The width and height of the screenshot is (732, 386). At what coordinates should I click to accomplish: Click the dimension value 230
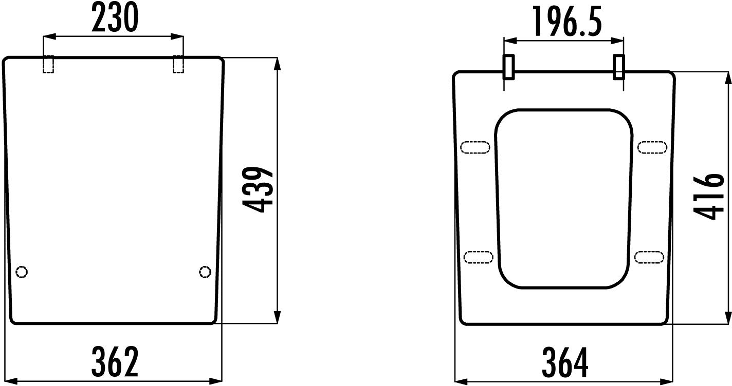(x=115, y=19)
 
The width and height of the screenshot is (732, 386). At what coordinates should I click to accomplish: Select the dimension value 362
(x=115, y=362)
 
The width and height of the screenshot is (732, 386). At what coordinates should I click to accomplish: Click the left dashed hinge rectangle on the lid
(x=48, y=64)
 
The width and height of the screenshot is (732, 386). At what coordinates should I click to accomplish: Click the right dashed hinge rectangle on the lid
(x=178, y=64)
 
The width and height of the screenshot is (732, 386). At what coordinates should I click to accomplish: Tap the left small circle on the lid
(x=22, y=272)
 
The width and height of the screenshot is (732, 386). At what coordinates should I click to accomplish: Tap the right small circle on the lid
(x=205, y=272)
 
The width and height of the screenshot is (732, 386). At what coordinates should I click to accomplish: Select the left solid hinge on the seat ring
(x=508, y=67)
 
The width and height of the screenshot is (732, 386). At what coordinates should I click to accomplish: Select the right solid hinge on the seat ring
(x=619, y=67)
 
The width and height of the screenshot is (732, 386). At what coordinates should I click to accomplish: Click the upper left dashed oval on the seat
(x=475, y=148)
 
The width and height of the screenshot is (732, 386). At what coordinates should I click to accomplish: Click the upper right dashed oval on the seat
(x=652, y=148)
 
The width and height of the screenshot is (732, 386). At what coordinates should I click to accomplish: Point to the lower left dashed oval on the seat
(x=478, y=256)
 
